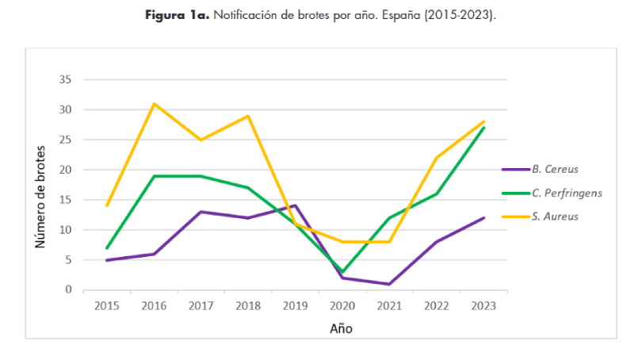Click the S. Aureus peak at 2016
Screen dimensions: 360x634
click(154, 104)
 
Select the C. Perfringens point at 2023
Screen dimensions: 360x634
click(483, 128)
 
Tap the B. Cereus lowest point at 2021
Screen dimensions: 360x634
click(389, 284)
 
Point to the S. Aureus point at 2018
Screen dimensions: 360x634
click(248, 116)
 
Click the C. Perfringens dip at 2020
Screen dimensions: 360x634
click(342, 272)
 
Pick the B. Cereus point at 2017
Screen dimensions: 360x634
click(201, 212)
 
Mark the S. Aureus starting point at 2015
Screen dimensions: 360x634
click(107, 205)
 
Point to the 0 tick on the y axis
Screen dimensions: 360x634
click(69, 290)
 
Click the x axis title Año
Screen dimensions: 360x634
click(342, 328)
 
